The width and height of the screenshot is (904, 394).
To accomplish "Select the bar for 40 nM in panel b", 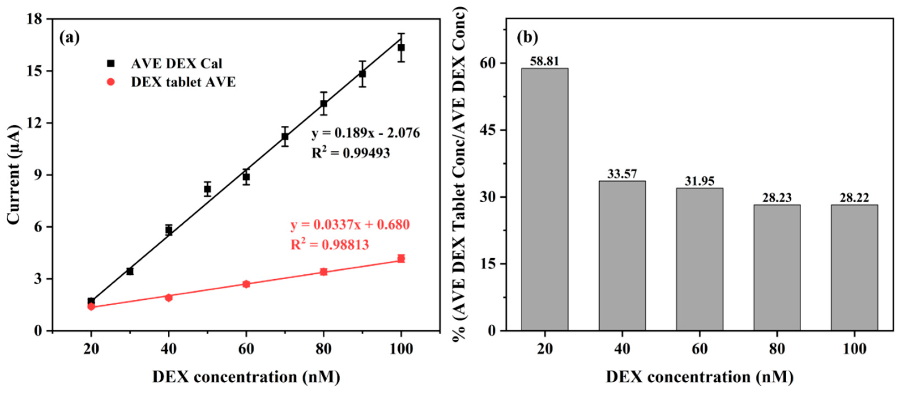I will tap(622, 255).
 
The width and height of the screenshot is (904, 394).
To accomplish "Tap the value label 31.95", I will tap(699, 181).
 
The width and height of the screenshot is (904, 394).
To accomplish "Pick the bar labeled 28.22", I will tap(854, 267).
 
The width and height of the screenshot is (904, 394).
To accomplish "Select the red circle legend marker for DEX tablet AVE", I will tap(111, 82).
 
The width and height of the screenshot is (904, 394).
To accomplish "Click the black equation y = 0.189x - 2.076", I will tap(365, 133).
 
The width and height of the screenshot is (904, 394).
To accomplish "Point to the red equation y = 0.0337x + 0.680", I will tap(350, 225).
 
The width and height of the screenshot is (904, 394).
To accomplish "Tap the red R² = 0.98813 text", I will tap(330, 245).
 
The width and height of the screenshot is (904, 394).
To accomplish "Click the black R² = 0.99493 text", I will tap(351, 153).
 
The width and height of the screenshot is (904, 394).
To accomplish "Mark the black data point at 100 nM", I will tap(401, 47).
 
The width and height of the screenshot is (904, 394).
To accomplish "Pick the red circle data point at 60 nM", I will tap(246, 284).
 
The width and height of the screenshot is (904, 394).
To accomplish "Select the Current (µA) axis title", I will tap(14, 174).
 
